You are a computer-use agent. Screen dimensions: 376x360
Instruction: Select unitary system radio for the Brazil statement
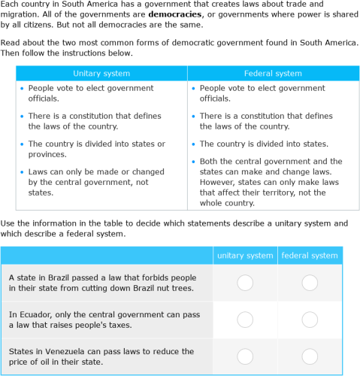coord(245,283)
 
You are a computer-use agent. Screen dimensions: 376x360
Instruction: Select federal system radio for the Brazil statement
coord(310,283)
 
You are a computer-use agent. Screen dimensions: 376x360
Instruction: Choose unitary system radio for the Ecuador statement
coord(245,320)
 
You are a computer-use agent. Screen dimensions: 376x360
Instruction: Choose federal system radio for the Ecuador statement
coord(310,320)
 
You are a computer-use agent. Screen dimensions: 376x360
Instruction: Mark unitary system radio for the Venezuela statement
coord(245,356)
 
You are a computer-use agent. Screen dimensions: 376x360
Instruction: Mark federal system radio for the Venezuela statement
coord(310,356)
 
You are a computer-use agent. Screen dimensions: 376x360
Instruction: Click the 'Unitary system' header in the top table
coord(101,74)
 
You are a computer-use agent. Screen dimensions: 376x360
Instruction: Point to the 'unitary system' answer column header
coord(245,256)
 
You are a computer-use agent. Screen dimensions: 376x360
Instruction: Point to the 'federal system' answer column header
coord(310,256)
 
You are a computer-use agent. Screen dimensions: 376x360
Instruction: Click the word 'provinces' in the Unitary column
coord(49,154)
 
